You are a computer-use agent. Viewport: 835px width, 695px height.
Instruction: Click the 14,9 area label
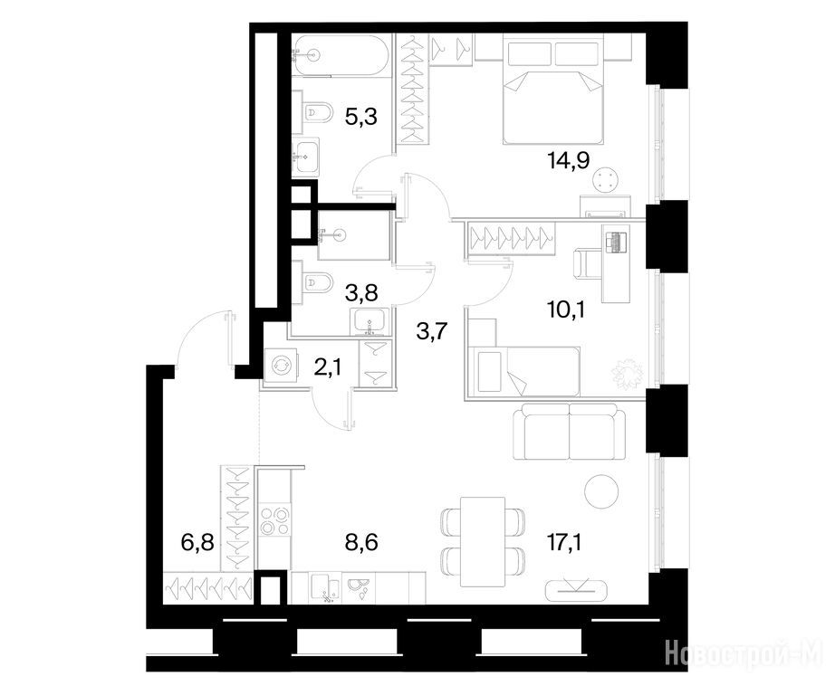568,159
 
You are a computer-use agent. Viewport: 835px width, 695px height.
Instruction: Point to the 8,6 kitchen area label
361,543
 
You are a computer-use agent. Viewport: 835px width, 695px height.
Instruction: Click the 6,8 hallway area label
197,543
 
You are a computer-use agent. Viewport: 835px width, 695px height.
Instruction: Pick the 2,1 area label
328,367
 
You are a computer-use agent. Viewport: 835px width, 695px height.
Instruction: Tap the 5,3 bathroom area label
361,116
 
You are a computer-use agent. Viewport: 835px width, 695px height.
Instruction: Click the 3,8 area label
361,291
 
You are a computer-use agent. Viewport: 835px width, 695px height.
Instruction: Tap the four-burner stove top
274,520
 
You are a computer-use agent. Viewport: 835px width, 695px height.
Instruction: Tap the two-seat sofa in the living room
570,431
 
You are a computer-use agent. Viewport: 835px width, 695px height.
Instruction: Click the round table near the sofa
601,491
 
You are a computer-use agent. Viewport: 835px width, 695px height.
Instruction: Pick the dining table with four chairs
483,541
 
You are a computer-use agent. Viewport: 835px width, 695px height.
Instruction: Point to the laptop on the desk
616,243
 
